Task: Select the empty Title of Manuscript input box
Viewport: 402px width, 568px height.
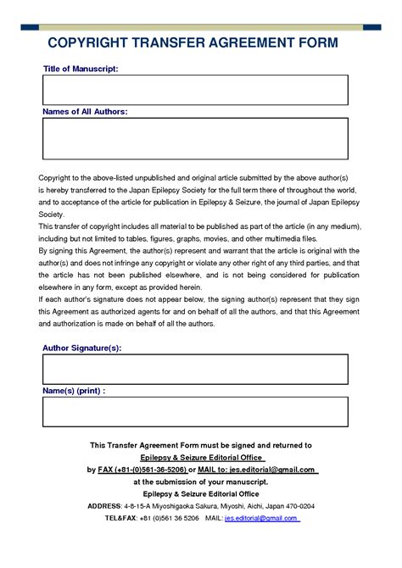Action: [x=195, y=90]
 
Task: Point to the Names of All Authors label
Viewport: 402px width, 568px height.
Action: [x=85, y=111]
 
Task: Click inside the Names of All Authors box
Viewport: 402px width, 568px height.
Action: [x=195, y=138]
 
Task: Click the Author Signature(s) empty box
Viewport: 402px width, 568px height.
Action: [x=195, y=370]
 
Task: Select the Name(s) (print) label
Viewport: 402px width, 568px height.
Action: [x=74, y=391]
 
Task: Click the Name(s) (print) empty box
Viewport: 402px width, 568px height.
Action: [x=195, y=412]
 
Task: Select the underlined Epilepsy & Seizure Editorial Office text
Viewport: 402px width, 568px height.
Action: [x=201, y=457]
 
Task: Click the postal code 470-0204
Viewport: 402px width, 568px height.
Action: [x=298, y=505]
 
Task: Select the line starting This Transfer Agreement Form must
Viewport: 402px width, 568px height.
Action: [x=201, y=444]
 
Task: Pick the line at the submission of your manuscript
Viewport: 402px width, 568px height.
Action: [x=201, y=481]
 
